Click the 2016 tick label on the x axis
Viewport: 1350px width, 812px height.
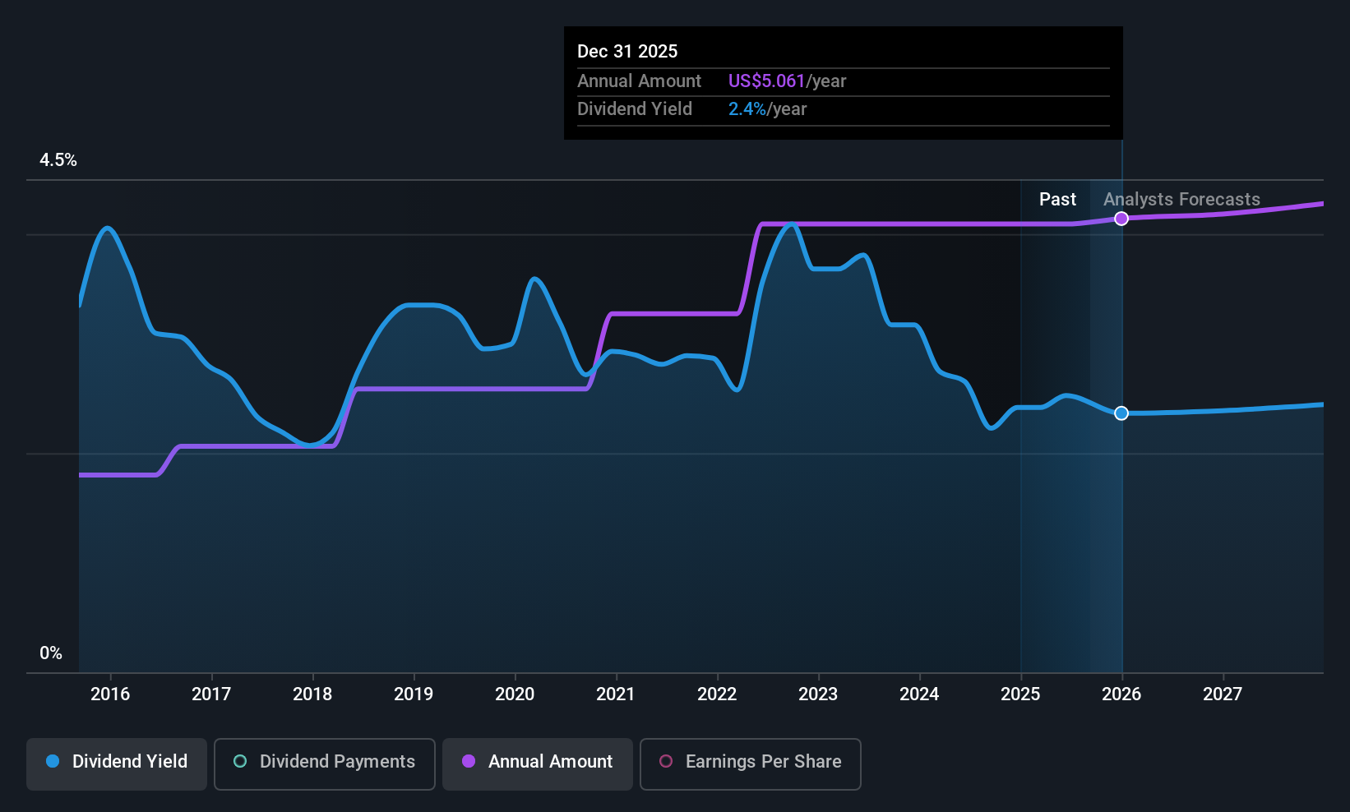point(110,694)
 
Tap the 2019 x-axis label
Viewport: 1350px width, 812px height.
point(414,694)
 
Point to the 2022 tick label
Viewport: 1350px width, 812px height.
point(717,694)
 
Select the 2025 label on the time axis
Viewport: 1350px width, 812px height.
point(1020,694)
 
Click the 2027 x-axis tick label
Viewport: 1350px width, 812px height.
point(1223,694)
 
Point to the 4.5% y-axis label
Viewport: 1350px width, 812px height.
point(58,160)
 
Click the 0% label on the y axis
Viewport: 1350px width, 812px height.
point(51,653)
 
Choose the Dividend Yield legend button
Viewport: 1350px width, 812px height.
point(117,762)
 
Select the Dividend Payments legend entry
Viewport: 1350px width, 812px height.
point(325,762)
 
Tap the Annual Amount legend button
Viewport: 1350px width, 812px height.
point(538,762)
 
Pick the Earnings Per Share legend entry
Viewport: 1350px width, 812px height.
point(750,762)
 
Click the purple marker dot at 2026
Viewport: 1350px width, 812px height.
point(1121,219)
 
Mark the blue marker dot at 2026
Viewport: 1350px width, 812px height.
point(1121,413)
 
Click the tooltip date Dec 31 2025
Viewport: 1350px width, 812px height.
point(627,51)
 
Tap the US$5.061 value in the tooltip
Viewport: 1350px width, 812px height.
point(766,81)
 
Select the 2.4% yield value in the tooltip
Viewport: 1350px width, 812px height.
point(747,108)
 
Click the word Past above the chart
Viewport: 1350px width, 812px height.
point(1057,200)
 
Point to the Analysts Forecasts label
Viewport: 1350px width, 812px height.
point(1181,200)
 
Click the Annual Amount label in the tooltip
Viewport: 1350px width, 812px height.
point(639,81)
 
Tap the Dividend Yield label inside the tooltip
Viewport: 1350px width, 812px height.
point(635,108)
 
